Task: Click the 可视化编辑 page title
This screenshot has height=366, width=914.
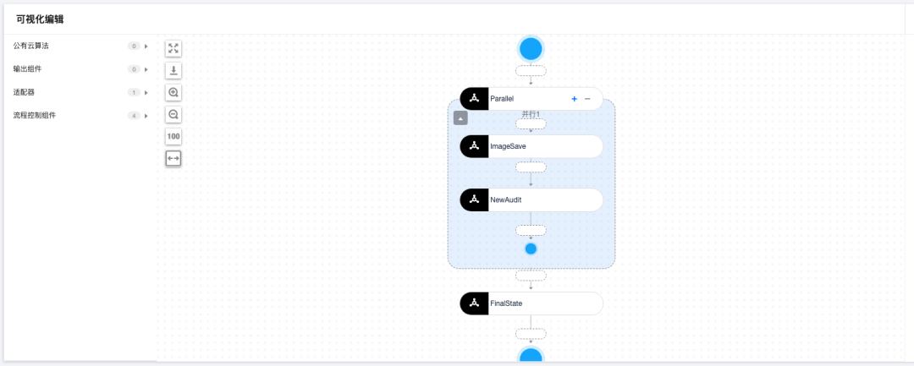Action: coord(40,19)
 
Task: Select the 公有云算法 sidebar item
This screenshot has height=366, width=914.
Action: coord(31,46)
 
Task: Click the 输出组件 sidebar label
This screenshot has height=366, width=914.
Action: coord(28,68)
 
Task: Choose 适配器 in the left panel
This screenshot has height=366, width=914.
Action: coord(24,92)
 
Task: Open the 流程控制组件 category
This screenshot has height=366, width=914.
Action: coord(35,115)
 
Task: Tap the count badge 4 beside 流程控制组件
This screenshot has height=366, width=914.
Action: coord(134,115)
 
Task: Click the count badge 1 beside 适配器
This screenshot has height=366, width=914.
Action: coord(134,92)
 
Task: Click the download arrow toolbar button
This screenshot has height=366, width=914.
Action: coord(173,71)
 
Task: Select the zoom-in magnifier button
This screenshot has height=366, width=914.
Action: coord(173,93)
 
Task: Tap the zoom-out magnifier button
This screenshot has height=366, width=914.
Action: coord(173,115)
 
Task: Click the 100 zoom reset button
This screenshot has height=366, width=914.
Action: coord(173,137)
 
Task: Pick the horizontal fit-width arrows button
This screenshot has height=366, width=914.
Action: coord(173,158)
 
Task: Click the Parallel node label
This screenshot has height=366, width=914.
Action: coord(502,99)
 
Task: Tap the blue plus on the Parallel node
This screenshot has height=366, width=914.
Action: coord(574,99)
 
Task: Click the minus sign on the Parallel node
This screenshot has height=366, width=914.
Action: coord(587,99)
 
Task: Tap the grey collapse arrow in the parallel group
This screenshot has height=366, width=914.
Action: coord(460,118)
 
